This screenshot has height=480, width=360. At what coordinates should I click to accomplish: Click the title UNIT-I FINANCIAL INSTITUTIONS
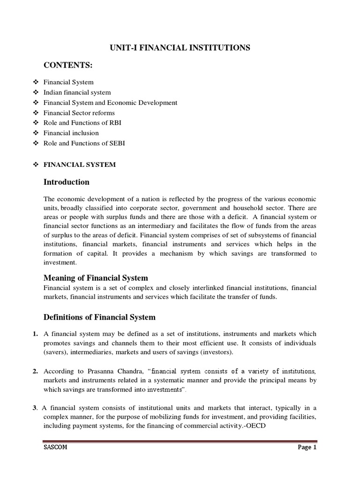(180, 47)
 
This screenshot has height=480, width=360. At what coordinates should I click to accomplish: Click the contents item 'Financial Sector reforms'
(79, 113)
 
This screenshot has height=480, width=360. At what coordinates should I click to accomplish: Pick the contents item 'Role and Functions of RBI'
(79, 123)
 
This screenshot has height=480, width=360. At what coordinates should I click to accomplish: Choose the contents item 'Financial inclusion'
(71, 133)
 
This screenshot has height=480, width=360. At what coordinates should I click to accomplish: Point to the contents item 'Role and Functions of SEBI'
(81, 143)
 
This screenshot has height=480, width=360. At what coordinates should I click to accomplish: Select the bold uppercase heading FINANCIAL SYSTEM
(79, 165)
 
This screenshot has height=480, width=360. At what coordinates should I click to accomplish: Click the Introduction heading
(66, 182)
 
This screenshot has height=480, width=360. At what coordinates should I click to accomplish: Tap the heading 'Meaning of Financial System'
(96, 278)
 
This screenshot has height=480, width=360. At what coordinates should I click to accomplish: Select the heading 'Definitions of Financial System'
(99, 317)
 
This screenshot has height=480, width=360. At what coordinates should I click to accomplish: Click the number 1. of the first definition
(36, 334)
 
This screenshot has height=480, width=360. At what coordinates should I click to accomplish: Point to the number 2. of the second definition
(36, 371)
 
